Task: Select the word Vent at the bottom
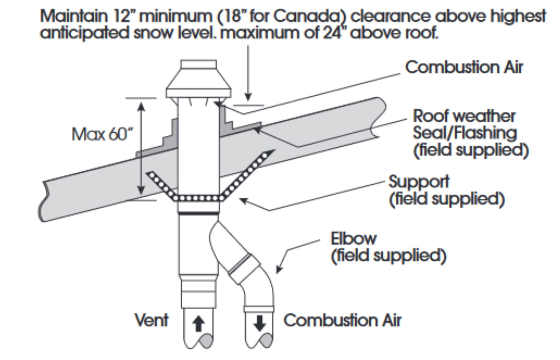coord(152,320)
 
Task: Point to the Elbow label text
coord(353,238)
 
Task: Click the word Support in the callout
coord(419,182)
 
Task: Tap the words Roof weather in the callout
coord(464,116)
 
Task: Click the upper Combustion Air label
coord(464,67)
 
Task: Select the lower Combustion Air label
coord(342,320)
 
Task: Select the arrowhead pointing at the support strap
coord(243,200)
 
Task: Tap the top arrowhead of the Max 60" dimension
coord(141,106)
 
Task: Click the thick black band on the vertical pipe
coord(198,214)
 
